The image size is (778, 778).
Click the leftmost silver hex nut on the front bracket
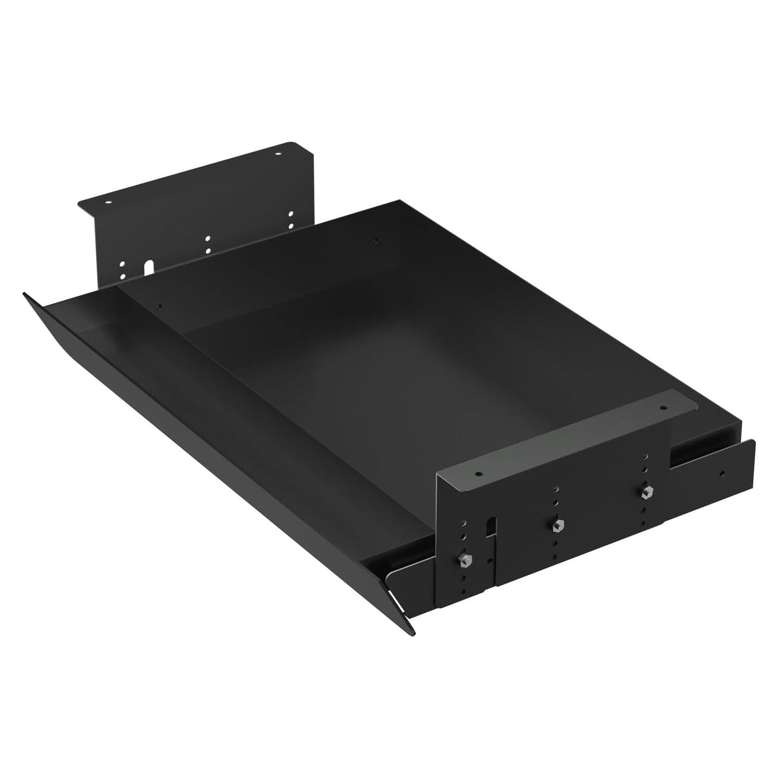click(x=462, y=560)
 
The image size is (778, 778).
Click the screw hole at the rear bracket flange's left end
click(x=108, y=203)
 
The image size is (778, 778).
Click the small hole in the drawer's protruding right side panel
click(x=722, y=474)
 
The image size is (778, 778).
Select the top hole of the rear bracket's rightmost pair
click(x=291, y=214)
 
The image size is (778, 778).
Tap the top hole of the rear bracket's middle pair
click(x=208, y=239)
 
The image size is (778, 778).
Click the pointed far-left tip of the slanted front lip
click(x=24, y=294)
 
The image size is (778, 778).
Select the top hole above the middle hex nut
click(x=556, y=490)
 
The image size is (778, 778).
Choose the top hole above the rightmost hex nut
click(x=646, y=456)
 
